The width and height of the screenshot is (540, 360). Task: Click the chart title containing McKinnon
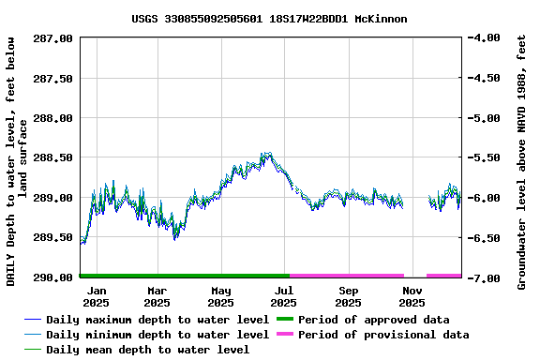(x=269, y=18)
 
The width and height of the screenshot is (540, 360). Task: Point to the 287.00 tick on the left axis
(x=54, y=38)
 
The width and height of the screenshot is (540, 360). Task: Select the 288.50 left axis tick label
(x=54, y=158)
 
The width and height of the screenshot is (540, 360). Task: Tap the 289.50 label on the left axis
(x=54, y=238)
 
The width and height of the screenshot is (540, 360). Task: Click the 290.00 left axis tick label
(x=54, y=277)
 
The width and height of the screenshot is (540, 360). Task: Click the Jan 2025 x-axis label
(x=97, y=296)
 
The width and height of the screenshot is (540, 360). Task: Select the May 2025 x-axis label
(x=220, y=296)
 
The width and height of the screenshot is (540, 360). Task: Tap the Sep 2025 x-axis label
(x=348, y=296)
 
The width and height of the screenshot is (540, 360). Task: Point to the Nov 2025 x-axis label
(x=412, y=296)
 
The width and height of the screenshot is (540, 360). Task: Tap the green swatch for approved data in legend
(x=284, y=320)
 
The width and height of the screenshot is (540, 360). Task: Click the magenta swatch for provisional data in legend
(x=284, y=335)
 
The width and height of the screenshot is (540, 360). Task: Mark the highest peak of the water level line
(x=266, y=153)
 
